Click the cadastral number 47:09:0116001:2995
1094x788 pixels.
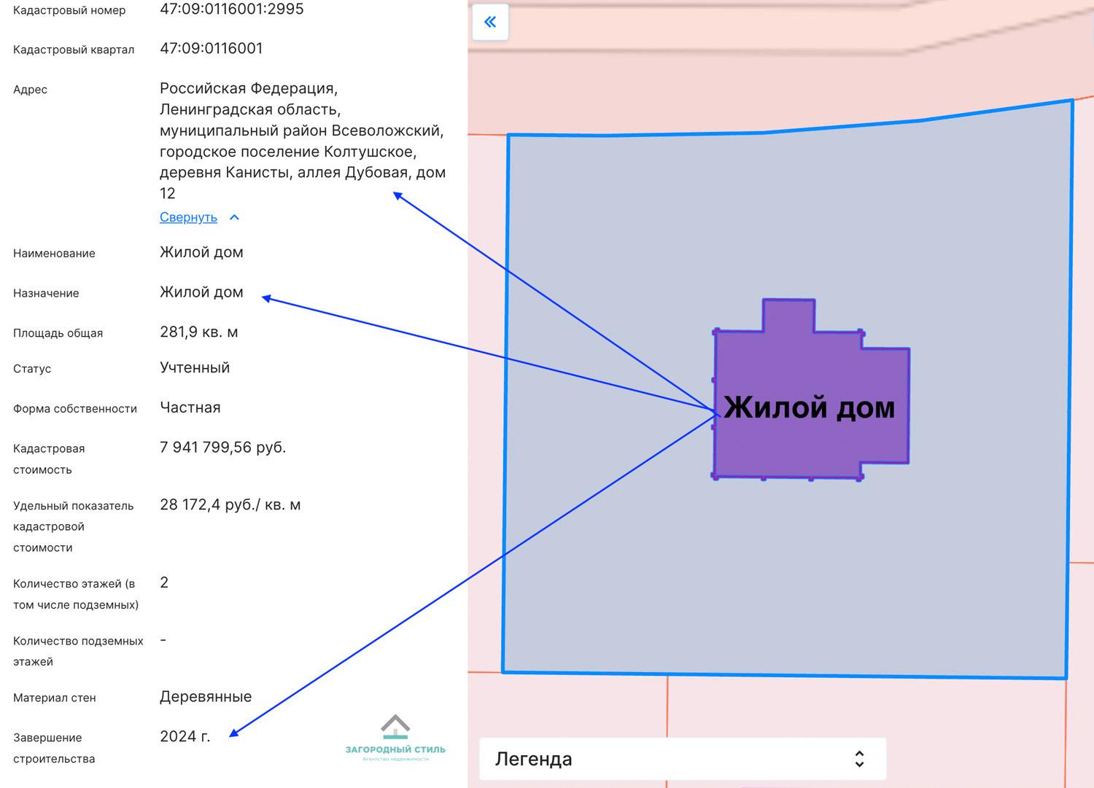231,9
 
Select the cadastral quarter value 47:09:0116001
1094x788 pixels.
211,48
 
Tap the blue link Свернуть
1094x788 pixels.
188,217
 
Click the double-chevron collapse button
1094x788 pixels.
490,22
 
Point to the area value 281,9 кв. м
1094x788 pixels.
199,332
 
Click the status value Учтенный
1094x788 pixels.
195,367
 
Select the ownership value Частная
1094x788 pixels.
190,407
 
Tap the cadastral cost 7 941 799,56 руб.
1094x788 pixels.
222,448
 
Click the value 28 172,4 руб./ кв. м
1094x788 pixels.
230,504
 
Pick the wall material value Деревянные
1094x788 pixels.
206,697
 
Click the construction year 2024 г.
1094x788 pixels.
185,736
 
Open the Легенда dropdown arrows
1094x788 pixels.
860,759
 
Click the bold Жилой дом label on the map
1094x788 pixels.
810,407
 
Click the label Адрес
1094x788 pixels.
30,90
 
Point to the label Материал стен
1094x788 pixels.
54,698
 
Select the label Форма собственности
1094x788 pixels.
74,409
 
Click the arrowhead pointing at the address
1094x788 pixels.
397,195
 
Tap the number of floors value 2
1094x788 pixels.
164,582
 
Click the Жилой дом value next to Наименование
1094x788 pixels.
201,252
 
